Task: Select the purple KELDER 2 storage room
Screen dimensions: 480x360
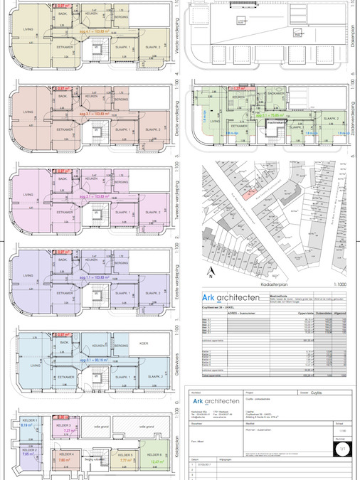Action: (29, 452)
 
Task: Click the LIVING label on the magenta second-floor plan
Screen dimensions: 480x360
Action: (28, 194)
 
